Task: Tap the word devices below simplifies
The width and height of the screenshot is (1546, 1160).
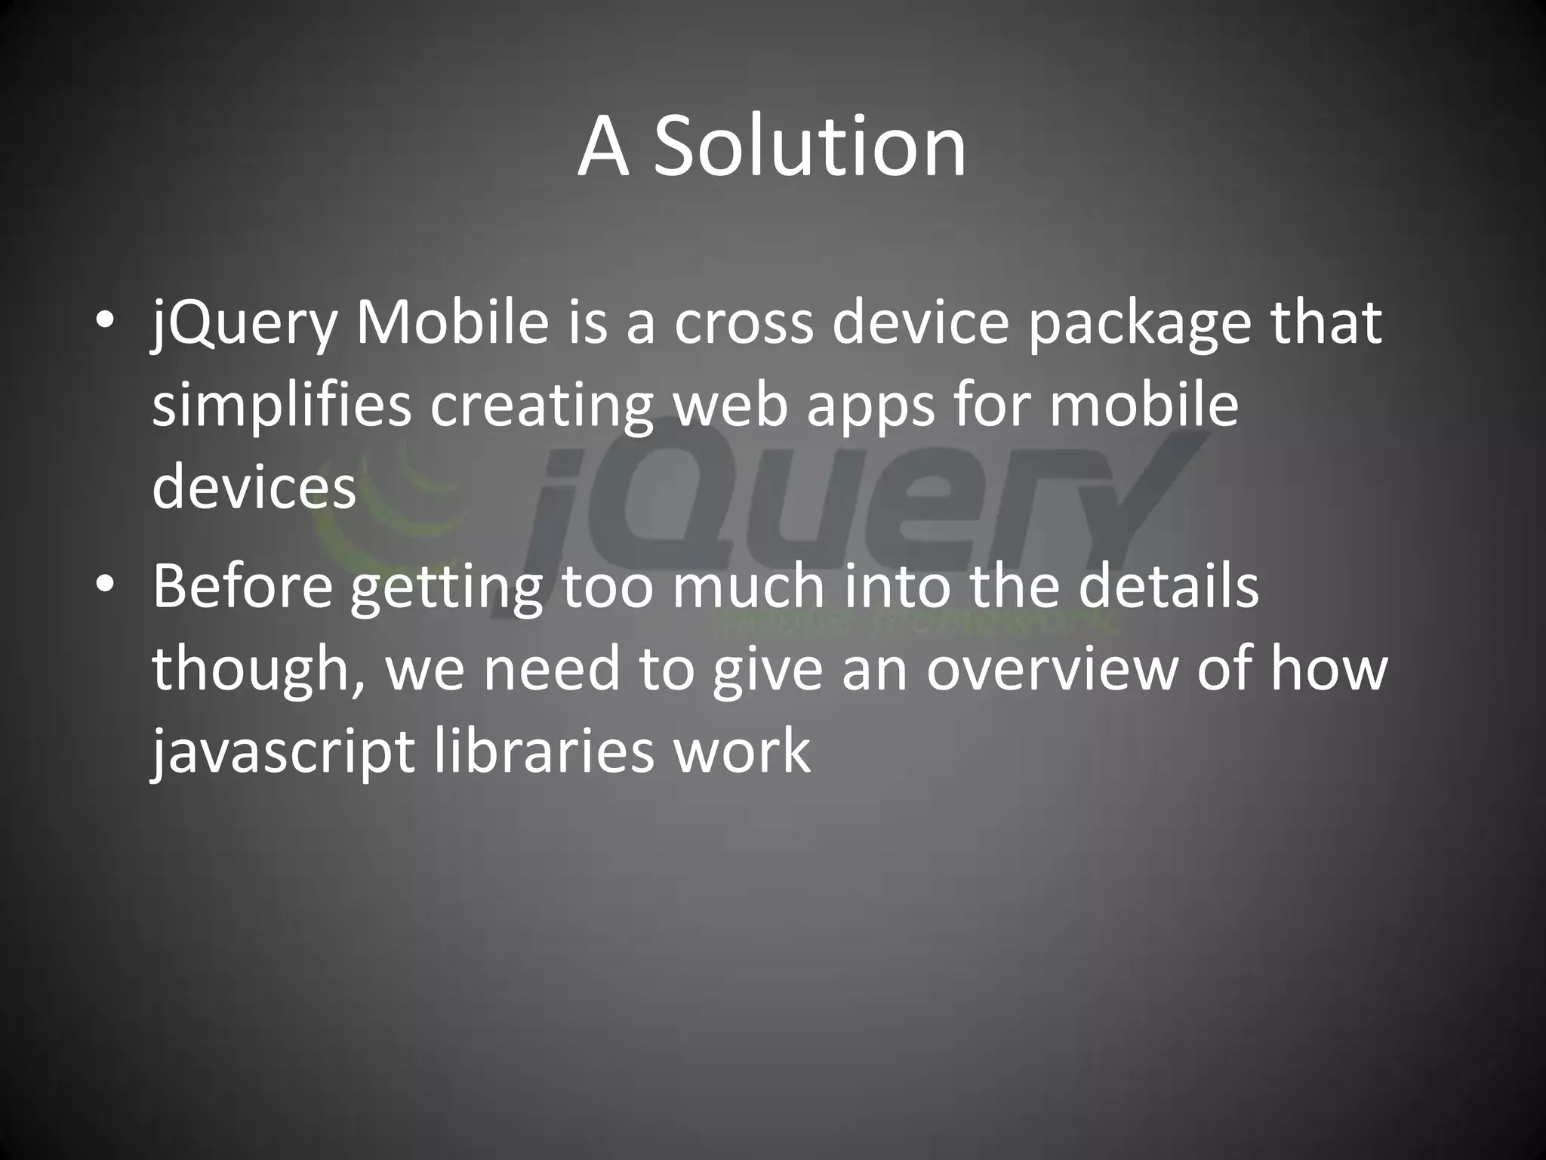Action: (254, 487)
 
